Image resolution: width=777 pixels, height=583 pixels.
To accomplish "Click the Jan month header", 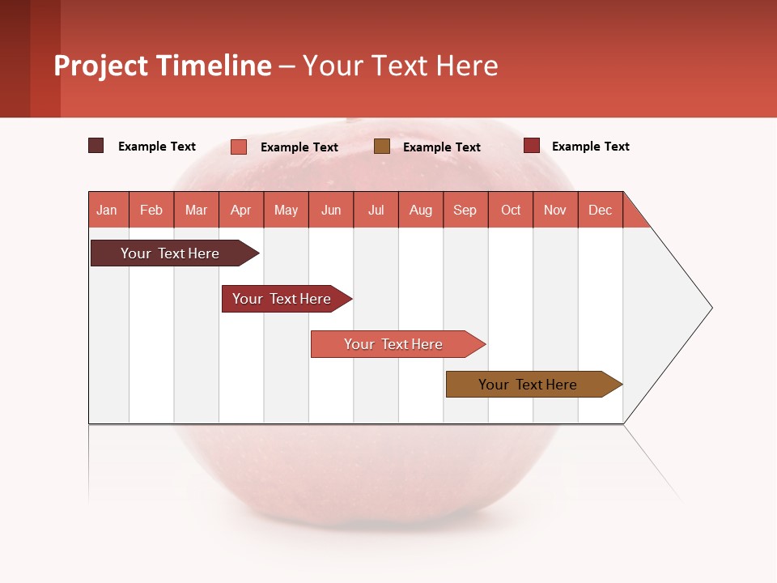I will pyautogui.click(x=108, y=210).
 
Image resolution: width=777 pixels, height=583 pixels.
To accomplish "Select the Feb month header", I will pyautogui.click(x=151, y=210).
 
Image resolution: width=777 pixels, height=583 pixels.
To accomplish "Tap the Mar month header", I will pyautogui.click(x=196, y=210).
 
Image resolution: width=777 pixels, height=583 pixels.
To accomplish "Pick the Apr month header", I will pyautogui.click(x=241, y=210).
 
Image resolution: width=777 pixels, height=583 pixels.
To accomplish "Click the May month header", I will pyautogui.click(x=286, y=210).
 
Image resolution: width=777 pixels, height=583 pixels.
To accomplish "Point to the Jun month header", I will pyautogui.click(x=331, y=210).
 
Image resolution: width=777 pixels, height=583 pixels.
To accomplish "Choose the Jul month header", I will pyautogui.click(x=376, y=210).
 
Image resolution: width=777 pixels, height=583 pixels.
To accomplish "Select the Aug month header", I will pyautogui.click(x=421, y=210).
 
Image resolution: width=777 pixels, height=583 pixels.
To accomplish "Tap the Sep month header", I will pyautogui.click(x=465, y=210).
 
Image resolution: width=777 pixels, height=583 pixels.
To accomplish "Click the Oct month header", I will pyautogui.click(x=511, y=210).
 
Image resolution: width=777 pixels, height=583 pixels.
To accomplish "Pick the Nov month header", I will pyautogui.click(x=555, y=210).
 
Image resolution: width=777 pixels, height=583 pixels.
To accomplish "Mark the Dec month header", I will pyautogui.click(x=601, y=210).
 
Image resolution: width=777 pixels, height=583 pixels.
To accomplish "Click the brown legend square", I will pyautogui.click(x=382, y=146).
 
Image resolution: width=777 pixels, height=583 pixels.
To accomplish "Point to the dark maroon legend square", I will pyautogui.click(x=96, y=146).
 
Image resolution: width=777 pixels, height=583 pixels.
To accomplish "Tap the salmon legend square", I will pyautogui.click(x=239, y=147).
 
